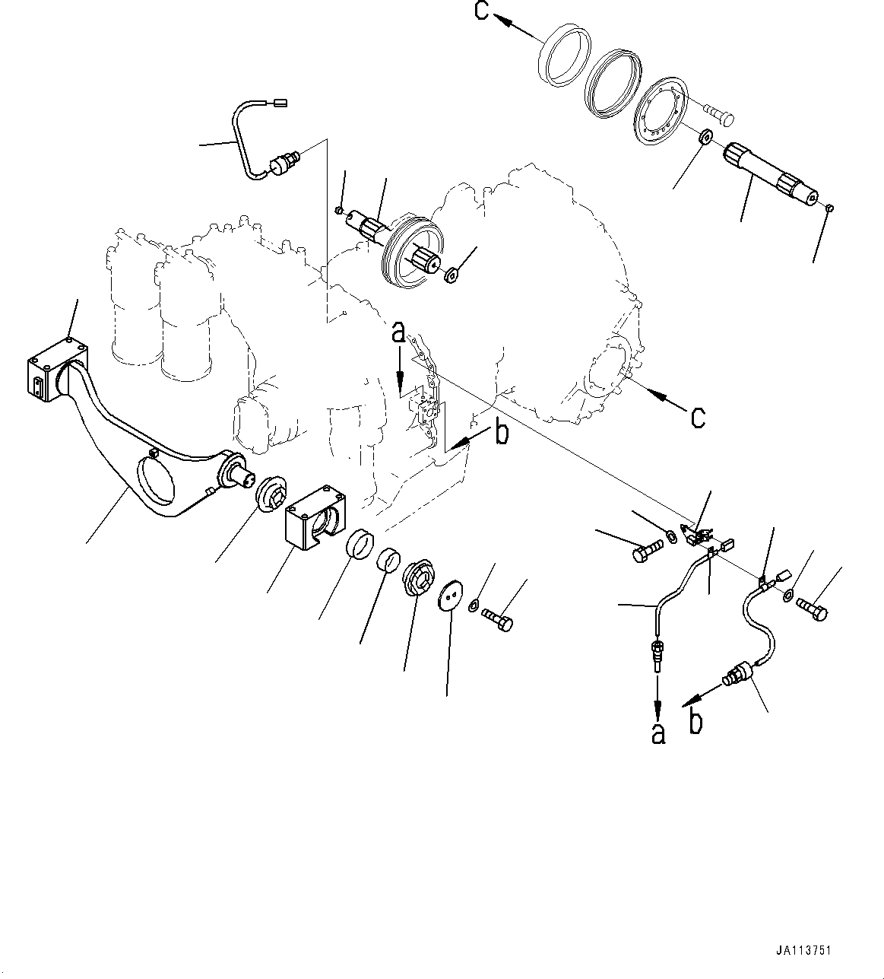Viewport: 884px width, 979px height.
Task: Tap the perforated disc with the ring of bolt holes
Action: pyautogui.click(x=660, y=109)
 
